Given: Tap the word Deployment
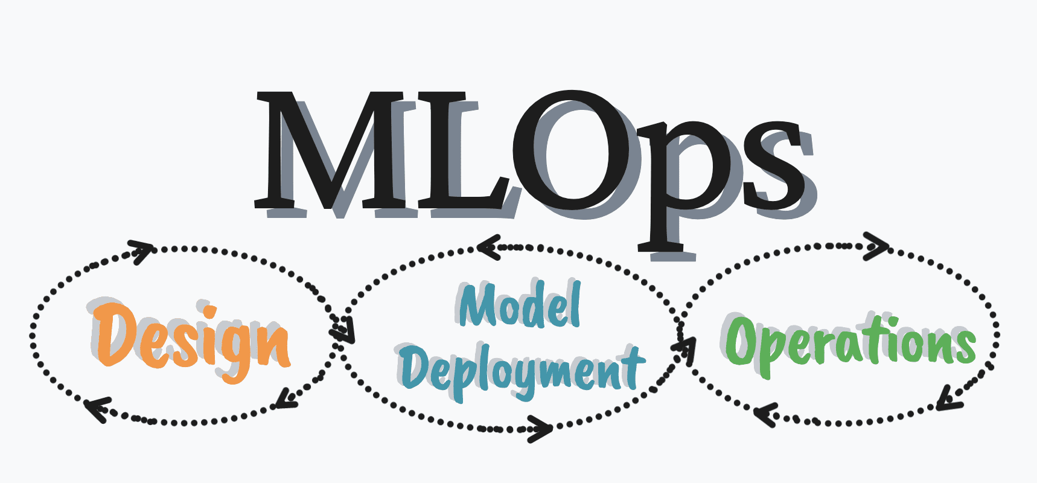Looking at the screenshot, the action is tap(520, 369).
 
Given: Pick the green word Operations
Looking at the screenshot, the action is tap(850, 342).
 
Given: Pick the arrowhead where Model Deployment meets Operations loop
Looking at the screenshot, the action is tap(685, 347).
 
